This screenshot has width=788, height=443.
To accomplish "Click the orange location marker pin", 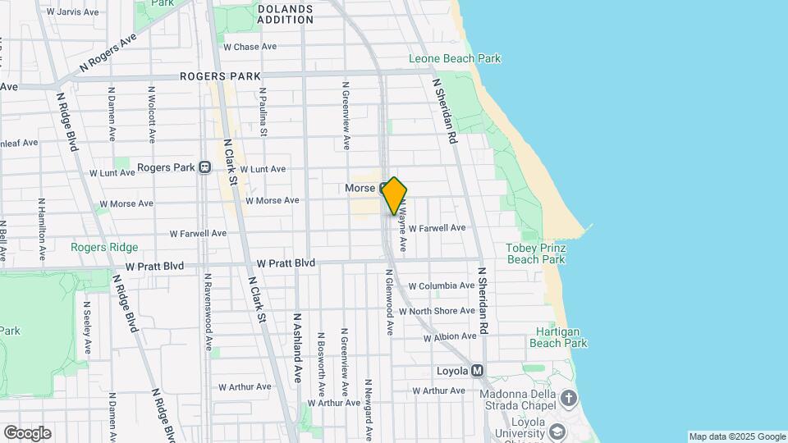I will coord(395,195).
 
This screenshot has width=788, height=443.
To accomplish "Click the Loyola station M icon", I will coord(478,371).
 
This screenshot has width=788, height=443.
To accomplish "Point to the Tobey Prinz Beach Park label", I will coord(536,253).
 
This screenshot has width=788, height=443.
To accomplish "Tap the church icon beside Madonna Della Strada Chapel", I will coord(570,397).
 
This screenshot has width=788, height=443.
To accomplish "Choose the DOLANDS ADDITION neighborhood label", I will coord(285,15).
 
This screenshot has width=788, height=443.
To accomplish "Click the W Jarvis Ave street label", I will coord(73,12).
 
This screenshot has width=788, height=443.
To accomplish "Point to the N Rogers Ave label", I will coord(107,53).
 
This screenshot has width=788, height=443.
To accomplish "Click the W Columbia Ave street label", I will coord(441,285).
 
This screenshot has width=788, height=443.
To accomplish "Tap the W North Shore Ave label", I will coord(442,311).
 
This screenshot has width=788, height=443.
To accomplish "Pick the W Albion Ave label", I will coord(450,336).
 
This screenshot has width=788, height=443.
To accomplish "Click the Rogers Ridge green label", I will coord(105,247).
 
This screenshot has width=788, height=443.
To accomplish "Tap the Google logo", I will coord(27,433).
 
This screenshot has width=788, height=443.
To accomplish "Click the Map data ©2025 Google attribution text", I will coord(736,436).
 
